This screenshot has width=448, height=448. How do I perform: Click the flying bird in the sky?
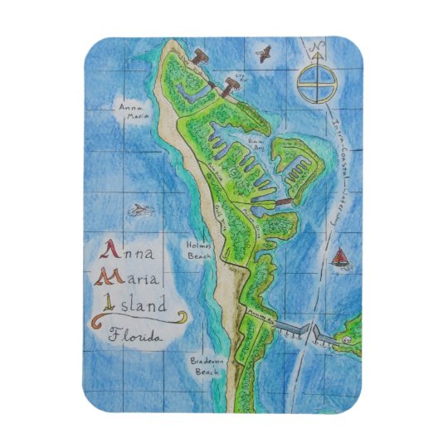[265, 56]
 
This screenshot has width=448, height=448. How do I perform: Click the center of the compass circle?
[315, 85]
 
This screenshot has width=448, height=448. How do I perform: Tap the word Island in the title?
[137, 304]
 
